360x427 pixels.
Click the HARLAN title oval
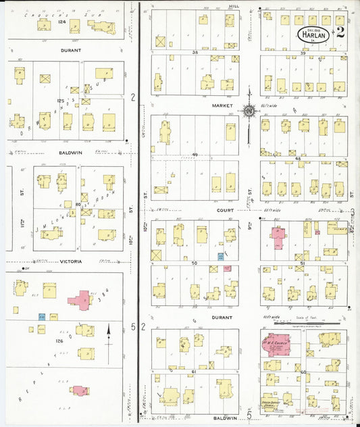click(312, 32)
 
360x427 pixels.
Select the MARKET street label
click(222, 105)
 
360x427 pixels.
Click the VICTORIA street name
click(71, 261)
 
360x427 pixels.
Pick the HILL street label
click(234, 5)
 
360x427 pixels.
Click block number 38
click(195, 52)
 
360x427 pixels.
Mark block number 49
click(195, 155)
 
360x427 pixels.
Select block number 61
click(195, 372)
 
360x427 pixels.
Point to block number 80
click(78, 204)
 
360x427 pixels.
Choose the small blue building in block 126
click(41, 316)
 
